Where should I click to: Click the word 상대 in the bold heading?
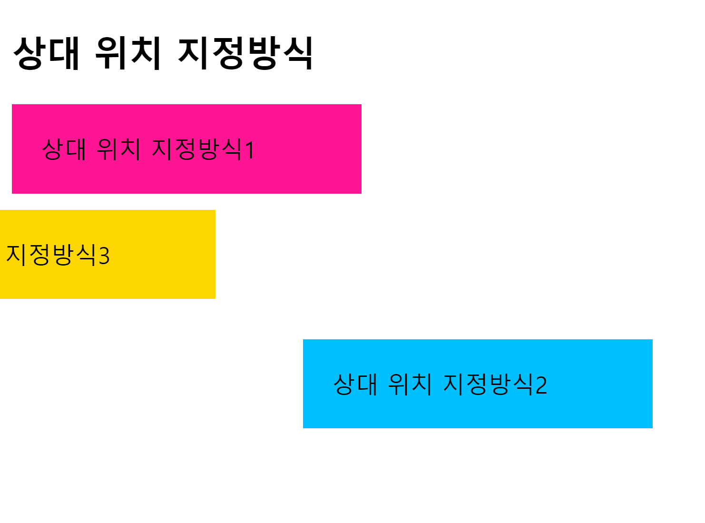click(46, 53)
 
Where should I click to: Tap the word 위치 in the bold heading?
click(128, 53)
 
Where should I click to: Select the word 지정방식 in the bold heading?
click(245, 53)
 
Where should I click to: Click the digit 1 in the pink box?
click(250, 150)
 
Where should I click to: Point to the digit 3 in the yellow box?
click(104, 256)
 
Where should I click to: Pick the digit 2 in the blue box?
click(541, 385)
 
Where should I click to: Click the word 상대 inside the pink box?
click(64, 149)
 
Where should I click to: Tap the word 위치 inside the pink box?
click(118, 149)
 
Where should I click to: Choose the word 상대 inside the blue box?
click(356, 384)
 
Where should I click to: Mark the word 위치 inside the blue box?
click(410, 384)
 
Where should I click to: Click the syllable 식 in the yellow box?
click(87, 255)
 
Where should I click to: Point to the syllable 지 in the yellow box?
click(16, 255)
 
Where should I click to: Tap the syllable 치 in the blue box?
click(421, 384)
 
